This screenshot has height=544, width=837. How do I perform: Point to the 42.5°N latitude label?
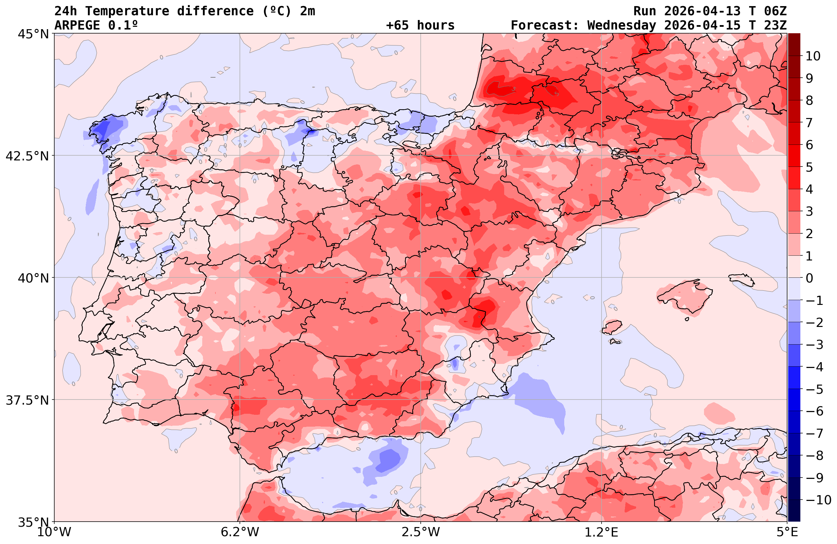[27, 156]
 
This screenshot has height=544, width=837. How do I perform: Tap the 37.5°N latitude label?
[27, 400]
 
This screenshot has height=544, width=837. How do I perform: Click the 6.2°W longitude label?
[240, 532]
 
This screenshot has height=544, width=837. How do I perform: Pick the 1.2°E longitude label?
[602, 532]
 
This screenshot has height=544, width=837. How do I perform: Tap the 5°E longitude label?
[787, 532]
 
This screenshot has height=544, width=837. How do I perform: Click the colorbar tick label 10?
[813, 56]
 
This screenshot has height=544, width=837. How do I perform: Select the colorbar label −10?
[818, 500]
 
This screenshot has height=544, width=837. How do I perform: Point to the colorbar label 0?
[809, 278]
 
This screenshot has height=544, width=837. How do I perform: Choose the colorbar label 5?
[809, 167]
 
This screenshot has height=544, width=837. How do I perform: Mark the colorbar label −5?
[814, 389]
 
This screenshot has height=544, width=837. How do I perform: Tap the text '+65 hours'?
[420, 25]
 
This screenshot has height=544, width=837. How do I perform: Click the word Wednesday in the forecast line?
[622, 25]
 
